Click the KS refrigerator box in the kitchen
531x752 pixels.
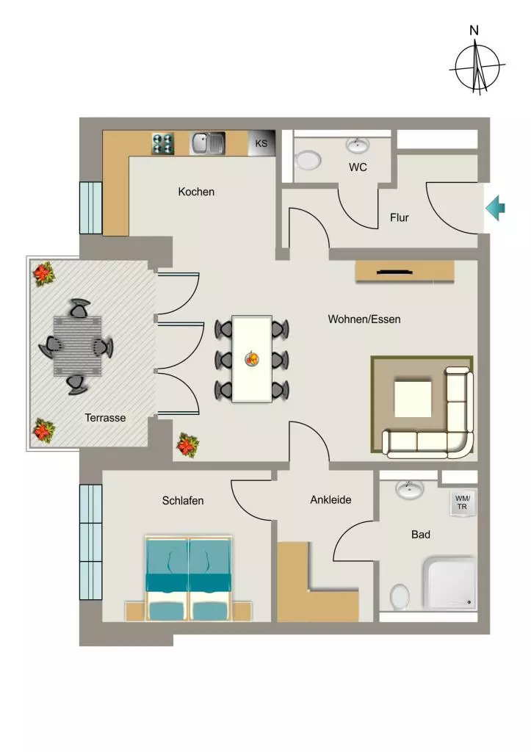(261, 143)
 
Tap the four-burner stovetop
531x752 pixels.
(163, 143)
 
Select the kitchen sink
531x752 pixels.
(208, 143)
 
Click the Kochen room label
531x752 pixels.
(196, 192)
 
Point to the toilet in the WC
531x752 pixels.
(308, 160)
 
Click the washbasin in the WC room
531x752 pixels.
(358, 145)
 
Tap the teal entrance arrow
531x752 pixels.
(496, 208)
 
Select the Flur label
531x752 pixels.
(399, 217)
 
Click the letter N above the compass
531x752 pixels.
(474, 31)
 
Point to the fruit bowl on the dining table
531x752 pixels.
(252, 358)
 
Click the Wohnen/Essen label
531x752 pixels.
(364, 319)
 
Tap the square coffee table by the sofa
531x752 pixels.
(413, 398)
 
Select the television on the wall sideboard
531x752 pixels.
(395, 272)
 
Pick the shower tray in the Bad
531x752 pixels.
(450, 583)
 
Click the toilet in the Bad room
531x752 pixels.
(400, 596)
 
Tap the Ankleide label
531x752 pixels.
(330, 499)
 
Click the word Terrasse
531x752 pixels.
(105, 418)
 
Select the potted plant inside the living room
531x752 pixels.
(187, 445)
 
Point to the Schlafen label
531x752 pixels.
(183, 501)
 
